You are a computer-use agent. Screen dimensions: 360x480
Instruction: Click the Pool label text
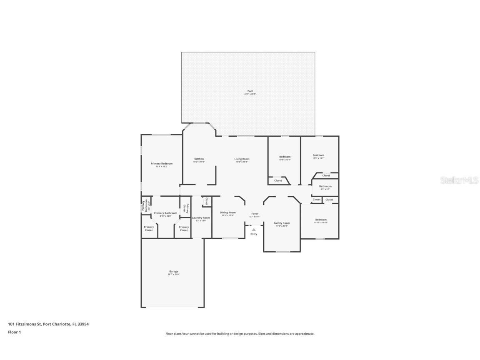coord(250,91)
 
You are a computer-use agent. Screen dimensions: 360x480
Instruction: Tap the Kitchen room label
coord(199,159)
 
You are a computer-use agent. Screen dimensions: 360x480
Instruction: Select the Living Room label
coord(242,159)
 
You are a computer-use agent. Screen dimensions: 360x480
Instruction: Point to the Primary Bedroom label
coord(161,164)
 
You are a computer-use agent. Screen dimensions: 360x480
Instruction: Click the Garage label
coord(173,272)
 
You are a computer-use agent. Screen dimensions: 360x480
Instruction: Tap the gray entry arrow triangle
coord(253,229)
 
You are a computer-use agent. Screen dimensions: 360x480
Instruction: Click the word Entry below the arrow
coord(254,234)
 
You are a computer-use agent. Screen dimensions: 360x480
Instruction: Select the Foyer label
coord(255,214)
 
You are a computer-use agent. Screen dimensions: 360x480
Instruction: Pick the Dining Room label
coord(227,212)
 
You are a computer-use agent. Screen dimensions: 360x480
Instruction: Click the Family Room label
coord(282,223)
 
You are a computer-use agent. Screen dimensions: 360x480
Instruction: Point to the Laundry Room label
coord(201,217)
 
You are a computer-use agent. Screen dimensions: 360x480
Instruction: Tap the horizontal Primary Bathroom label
coord(165,213)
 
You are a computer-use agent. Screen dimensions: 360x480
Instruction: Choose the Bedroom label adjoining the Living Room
coord(285,157)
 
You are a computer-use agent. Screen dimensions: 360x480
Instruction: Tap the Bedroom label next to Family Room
coord(320,220)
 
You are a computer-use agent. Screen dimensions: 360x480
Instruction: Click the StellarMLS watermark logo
coord(454,180)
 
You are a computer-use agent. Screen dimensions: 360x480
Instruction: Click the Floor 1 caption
coord(14,332)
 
